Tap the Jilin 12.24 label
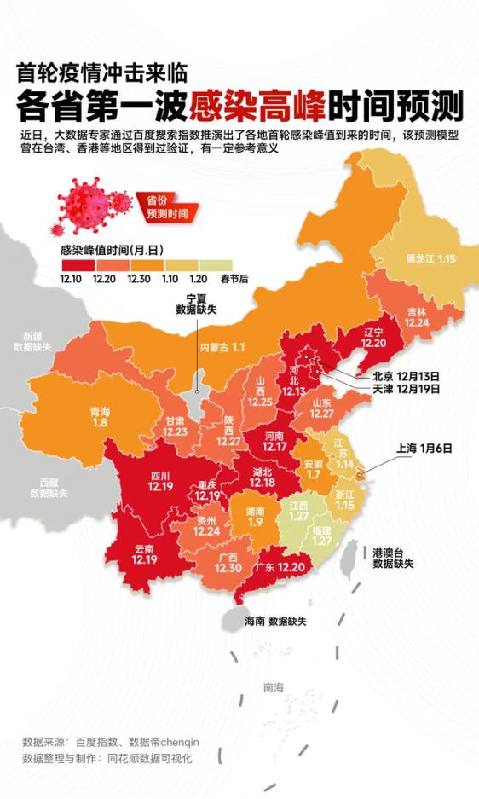(416, 318)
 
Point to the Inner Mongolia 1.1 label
(221, 347)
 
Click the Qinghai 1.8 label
(99, 416)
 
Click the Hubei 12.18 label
(262, 478)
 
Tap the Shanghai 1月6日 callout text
(424, 448)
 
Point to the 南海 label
(274, 686)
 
